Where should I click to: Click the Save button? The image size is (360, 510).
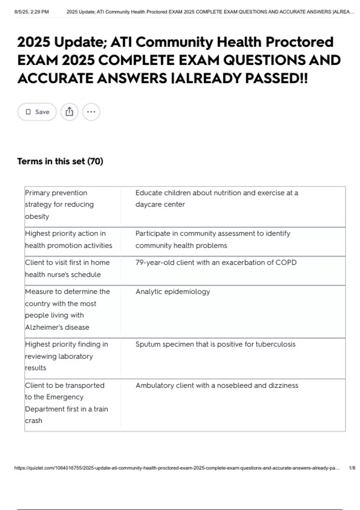(x=37, y=112)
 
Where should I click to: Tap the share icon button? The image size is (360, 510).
(x=69, y=112)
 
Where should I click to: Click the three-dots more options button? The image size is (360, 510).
(x=91, y=112)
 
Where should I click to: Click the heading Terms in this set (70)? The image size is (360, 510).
(x=60, y=161)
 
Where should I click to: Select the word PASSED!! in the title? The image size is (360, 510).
(x=276, y=79)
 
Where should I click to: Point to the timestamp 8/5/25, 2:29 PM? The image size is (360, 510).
(x=31, y=12)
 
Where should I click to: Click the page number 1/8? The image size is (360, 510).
(x=352, y=468)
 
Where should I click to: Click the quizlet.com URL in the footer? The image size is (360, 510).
(x=177, y=468)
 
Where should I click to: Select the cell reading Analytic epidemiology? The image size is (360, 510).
(x=172, y=292)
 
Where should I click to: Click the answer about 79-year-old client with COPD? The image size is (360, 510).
(x=216, y=262)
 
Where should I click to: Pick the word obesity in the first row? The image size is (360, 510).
(x=37, y=216)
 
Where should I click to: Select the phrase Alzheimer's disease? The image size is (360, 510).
(x=57, y=327)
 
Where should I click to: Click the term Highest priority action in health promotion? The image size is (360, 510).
(x=68, y=239)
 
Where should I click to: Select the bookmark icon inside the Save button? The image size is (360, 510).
(x=28, y=112)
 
